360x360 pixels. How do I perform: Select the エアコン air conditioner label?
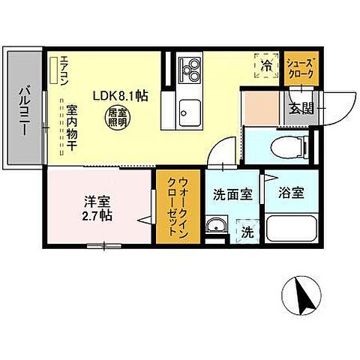(64, 72)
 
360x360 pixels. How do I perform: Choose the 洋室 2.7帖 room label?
(97, 208)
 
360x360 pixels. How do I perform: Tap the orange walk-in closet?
(177, 206)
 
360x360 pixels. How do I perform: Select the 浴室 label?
(292, 193)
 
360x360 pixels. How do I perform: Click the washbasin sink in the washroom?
(218, 225)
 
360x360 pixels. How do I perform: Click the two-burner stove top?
(190, 69)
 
